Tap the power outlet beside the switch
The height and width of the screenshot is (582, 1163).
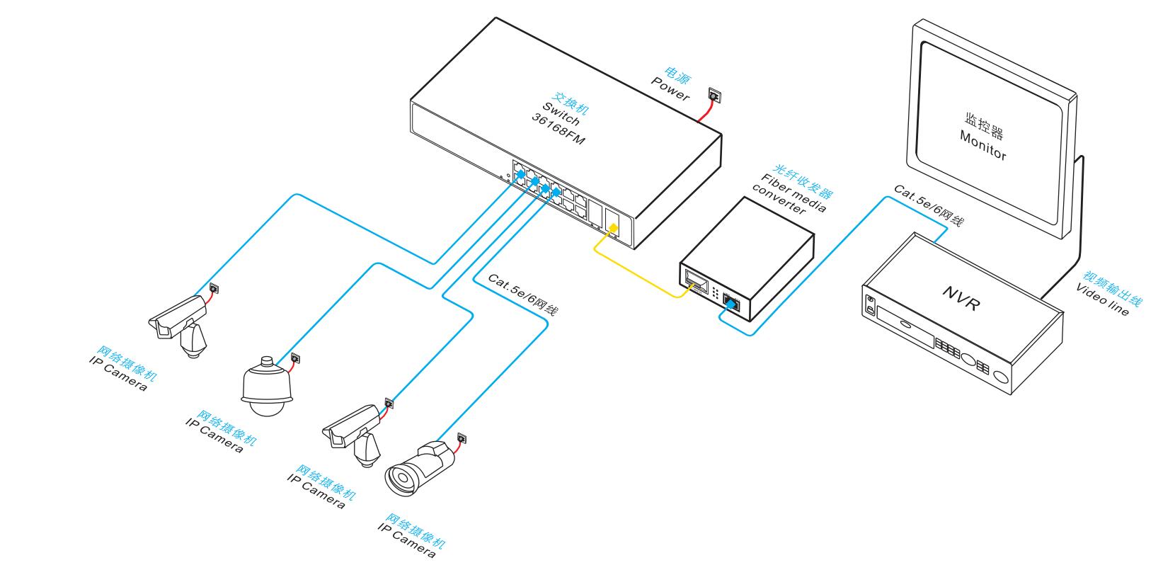[715, 95]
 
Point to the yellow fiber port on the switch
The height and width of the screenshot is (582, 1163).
[613, 229]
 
